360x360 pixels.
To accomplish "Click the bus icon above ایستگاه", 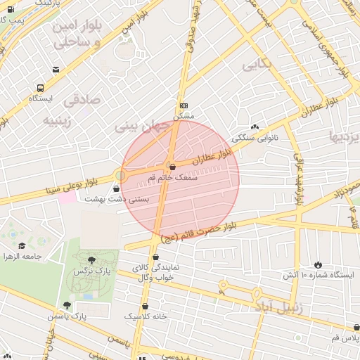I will coord(41,89).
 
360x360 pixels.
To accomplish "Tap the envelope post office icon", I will coord(56,69).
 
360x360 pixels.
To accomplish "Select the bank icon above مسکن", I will coord(184,105).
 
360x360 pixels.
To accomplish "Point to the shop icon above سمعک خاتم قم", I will coord(172,167).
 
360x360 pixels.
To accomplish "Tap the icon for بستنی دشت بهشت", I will coord(116,189).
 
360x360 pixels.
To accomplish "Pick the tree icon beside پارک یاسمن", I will coord(67,306).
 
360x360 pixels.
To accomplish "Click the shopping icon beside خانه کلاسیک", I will coord(145,307).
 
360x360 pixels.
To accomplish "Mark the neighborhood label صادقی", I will coord(82,100).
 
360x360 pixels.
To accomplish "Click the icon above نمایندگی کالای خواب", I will coord(156,257).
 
